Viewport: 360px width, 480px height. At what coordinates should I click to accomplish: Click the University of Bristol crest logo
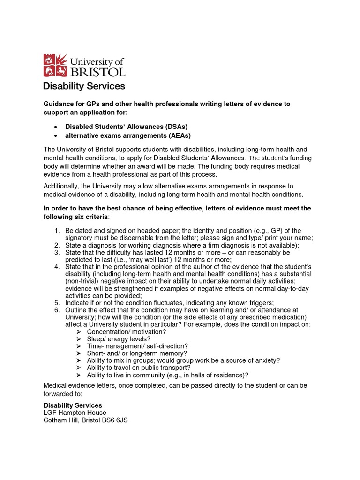pyautogui.click(x=55, y=65)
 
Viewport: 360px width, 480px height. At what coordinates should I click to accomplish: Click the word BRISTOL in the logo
pyautogui.click(x=97, y=72)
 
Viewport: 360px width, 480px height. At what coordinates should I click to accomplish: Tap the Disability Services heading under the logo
pyautogui.click(x=84, y=86)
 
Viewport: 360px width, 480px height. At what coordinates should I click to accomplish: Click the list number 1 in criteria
pyautogui.click(x=56, y=231)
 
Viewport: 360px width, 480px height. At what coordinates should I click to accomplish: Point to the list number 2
pyautogui.click(x=56, y=245)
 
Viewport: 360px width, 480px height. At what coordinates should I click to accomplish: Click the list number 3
pyautogui.click(x=56, y=253)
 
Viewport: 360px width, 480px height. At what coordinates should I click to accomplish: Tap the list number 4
pyautogui.click(x=56, y=267)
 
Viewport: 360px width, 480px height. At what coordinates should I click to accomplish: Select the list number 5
pyautogui.click(x=56, y=303)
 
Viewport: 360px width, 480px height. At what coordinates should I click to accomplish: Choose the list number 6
pyautogui.click(x=56, y=310)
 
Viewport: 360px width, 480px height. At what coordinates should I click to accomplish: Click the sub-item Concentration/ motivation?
pyautogui.click(x=126, y=332)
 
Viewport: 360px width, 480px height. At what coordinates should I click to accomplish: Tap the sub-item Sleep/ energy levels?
pyautogui.click(x=119, y=339)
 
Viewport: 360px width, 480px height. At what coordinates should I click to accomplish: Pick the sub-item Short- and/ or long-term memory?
pyautogui.click(x=137, y=353)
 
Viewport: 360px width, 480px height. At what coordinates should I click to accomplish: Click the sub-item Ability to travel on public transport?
pyautogui.click(x=139, y=367)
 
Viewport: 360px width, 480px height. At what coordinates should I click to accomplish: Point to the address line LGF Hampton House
pyautogui.click(x=75, y=412)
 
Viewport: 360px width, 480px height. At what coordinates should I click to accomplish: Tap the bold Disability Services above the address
pyautogui.click(x=73, y=405)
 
